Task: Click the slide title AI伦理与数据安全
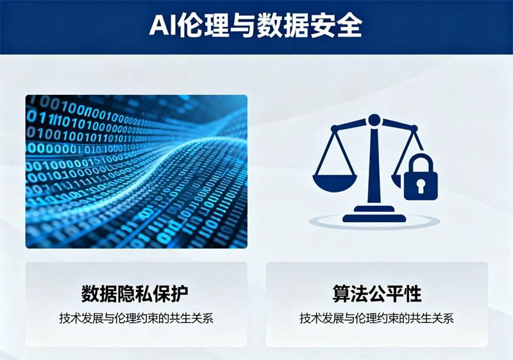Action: coord(256,26)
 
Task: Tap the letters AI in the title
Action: coord(164,26)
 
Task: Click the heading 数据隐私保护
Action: coord(135,295)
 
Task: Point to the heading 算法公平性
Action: coord(376,295)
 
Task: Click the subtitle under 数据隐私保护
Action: coord(135,318)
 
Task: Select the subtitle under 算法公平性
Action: coord(376,318)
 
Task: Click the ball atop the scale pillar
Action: coord(374,119)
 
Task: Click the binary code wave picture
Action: coord(136,171)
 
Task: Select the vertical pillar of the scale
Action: coord(374,167)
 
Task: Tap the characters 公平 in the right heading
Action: coord(376,295)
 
